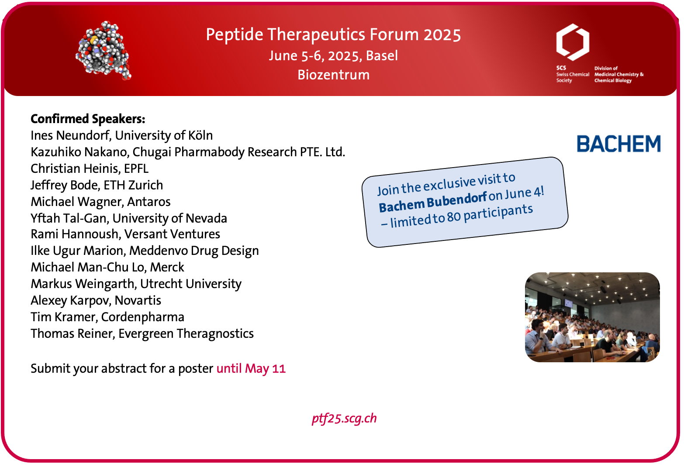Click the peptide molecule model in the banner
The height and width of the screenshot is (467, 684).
coord(104,51)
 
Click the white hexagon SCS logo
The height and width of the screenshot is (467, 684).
coord(573,42)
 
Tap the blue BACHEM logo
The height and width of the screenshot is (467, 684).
coord(619,144)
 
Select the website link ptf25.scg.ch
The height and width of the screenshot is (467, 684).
coord(344,419)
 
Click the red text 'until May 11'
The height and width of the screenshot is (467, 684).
coord(251,368)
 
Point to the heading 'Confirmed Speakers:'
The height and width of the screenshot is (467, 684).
coord(88,119)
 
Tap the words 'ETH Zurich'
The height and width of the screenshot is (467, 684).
coord(133,185)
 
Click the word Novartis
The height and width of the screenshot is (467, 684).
coord(138,300)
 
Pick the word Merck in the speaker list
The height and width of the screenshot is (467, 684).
coord(167,267)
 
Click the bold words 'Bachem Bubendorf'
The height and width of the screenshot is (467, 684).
coord(433,202)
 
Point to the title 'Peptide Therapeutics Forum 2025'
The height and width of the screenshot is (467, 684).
coord(333,34)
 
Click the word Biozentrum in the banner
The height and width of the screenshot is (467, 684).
coord(333,75)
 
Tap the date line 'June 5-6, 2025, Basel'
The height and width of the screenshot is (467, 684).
coord(333,56)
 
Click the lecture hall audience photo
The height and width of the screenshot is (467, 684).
coord(592,317)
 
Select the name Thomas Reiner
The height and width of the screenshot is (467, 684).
coord(73,334)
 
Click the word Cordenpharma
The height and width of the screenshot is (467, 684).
coord(142,317)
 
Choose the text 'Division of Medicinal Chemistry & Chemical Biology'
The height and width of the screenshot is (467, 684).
coord(618,75)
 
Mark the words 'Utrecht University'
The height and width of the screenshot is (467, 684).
coord(191,284)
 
